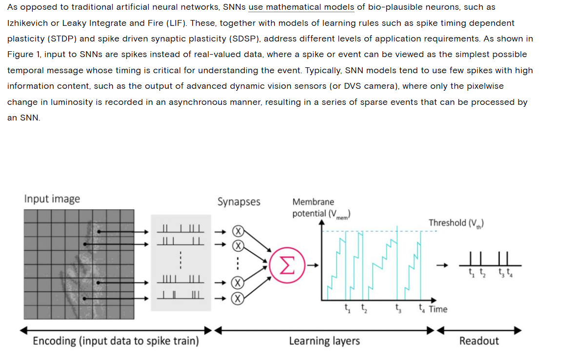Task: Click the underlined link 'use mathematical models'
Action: click(301, 7)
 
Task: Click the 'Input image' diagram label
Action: click(52, 199)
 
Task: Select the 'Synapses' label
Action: click(239, 202)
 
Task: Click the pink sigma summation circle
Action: click(287, 265)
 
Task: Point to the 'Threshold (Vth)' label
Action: click(456, 223)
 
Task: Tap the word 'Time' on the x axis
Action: click(438, 309)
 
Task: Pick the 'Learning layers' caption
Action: click(324, 341)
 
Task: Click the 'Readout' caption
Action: click(479, 341)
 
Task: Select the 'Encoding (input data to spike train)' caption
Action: click(116, 341)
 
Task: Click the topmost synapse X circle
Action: click(238, 232)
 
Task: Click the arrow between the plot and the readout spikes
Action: click(442, 266)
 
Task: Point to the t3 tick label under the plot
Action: click(398, 308)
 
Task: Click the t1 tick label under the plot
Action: click(347, 308)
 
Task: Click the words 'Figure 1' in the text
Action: click(23, 54)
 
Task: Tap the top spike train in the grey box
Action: click(180, 229)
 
